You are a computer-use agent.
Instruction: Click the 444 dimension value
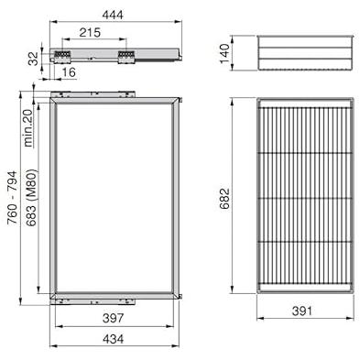coord(113,15)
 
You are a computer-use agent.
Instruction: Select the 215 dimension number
coord(90,32)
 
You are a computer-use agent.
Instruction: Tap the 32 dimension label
coord(33,59)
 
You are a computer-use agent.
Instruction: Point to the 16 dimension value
coord(69,72)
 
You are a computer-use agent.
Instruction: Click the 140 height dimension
coord(224,53)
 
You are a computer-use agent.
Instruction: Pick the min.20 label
coord(27,128)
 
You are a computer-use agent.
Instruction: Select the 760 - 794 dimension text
coord(13,198)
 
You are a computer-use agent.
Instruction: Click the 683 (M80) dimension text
coord(31,198)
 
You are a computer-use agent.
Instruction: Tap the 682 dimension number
coord(224,199)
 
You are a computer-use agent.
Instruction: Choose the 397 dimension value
coord(114,318)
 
